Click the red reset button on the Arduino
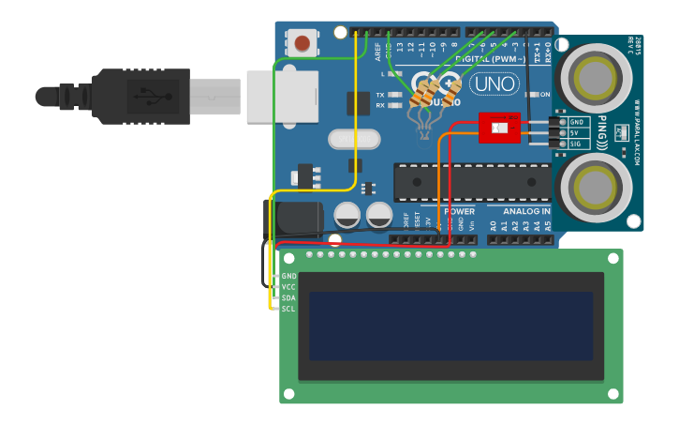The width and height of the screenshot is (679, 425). pos(302,42)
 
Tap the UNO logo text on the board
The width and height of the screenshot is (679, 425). pos(494,83)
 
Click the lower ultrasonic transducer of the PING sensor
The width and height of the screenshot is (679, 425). pos(595,188)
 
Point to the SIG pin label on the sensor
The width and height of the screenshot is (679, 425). pos(577,144)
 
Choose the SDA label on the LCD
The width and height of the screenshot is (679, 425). pos(288,297)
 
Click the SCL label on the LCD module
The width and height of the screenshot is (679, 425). pos(288,308)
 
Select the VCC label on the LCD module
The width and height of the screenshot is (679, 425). pos(288,287)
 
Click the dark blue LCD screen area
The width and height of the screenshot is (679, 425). pos(450,326)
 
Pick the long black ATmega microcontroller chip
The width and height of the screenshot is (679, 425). pos(471,181)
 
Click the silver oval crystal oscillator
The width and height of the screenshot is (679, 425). pos(355,139)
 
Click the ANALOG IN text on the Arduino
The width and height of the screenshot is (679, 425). pos(527,212)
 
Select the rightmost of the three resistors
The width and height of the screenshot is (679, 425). pos(450,94)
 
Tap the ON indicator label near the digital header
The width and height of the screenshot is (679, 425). pos(544,95)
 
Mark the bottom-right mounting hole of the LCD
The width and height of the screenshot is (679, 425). pos(613,393)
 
